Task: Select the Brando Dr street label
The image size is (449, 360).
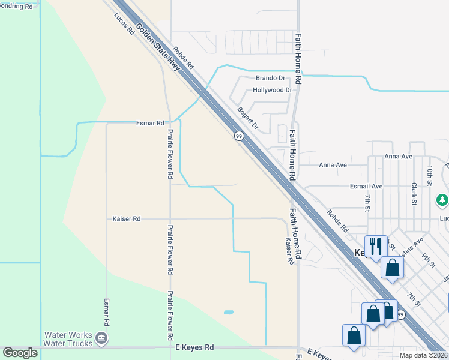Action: (x=270, y=78)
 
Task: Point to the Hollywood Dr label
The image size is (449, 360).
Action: (x=272, y=90)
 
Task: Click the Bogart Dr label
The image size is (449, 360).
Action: (x=247, y=118)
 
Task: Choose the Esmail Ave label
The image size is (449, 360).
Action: (x=367, y=187)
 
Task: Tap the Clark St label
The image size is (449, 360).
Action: (x=414, y=194)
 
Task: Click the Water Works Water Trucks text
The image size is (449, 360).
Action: (x=68, y=339)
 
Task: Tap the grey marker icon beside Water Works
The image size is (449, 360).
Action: (x=101, y=339)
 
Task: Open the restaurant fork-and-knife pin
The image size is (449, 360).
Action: (x=376, y=246)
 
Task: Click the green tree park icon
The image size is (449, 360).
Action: (x=442, y=199)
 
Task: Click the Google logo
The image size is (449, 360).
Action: (x=20, y=353)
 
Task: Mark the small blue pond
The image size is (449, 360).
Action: (x=229, y=312)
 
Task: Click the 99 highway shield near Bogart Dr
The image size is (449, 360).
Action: (x=238, y=136)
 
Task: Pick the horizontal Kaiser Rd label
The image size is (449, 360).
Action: (x=126, y=219)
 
